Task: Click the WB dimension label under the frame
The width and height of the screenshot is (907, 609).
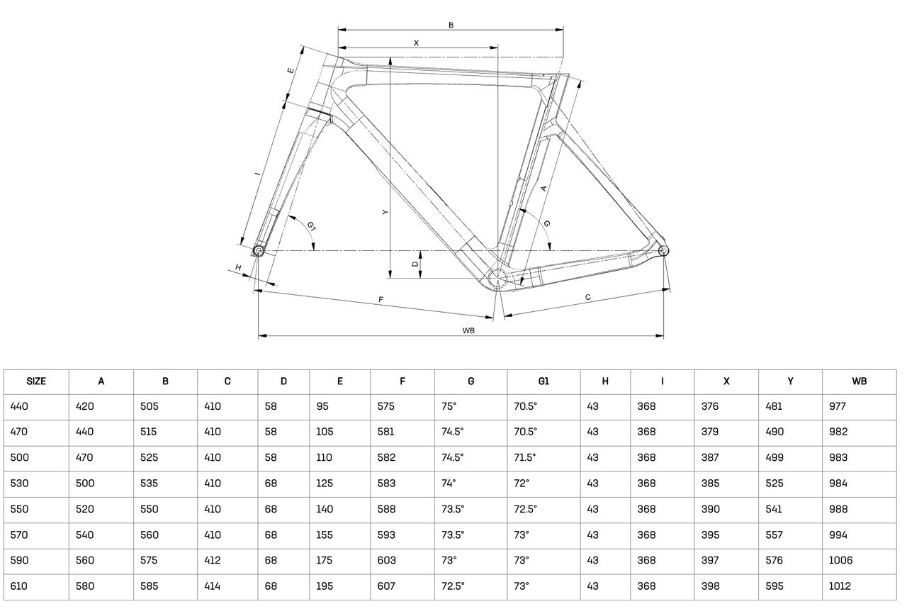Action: [468, 330]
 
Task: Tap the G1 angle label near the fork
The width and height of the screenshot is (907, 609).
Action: [311, 226]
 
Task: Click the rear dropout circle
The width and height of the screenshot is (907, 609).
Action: [663, 251]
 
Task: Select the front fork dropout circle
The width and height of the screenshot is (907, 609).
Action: [259, 251]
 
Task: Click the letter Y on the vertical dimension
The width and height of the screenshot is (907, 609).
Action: [385, 212]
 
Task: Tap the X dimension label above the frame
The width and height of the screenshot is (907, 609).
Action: [416, 43]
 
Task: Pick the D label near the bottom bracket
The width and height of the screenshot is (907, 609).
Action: [415, 264]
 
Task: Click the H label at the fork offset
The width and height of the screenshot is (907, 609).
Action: [239, 267]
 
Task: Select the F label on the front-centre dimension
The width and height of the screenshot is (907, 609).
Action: [381, 300]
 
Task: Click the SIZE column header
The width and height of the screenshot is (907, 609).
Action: [36, 381]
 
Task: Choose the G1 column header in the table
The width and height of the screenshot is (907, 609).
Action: [543, 381]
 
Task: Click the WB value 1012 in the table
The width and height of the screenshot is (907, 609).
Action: [840, 586]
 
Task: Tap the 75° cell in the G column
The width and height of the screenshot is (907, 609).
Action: [449, 406]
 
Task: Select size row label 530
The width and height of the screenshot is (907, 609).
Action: [19, 484]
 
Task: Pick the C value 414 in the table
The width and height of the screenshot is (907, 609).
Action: [213, 586]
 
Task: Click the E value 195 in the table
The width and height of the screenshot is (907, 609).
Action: [324, 586]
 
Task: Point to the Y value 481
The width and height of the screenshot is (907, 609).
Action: [773, 406]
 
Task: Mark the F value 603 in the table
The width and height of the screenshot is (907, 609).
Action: [386, 560]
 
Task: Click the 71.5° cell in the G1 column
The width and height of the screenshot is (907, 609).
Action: [525, 457]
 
